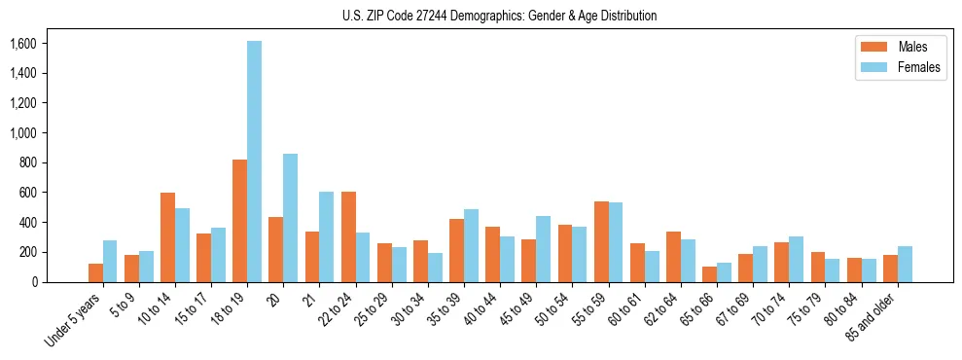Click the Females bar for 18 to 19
pos(254,162)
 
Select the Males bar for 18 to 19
pos(239,221)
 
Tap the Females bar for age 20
pos(290,218)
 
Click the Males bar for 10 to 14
pos(167,237)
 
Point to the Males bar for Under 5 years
pos(95,272)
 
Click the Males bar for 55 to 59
pos(601,241)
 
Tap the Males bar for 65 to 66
pos(709,274)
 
